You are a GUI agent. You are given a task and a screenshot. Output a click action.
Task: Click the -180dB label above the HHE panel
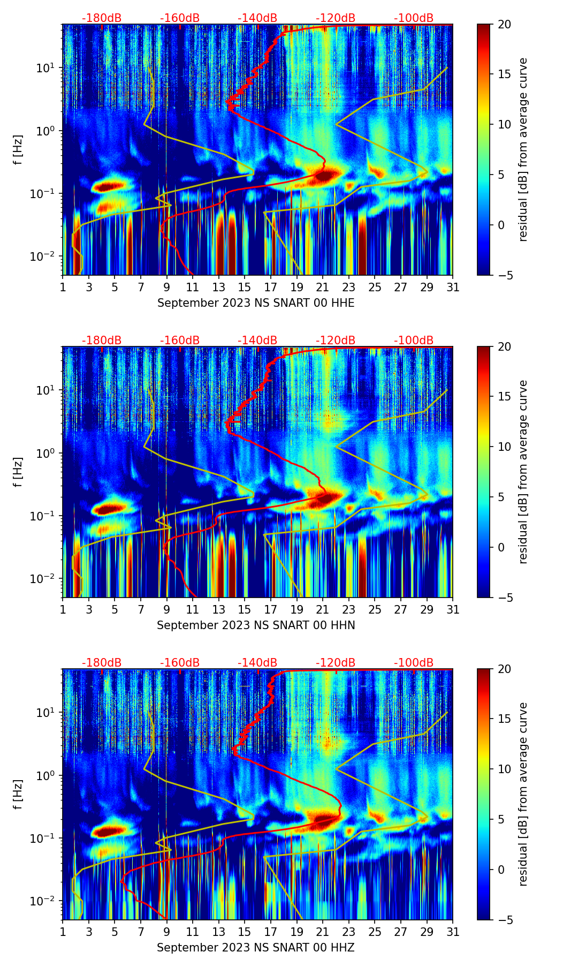click(102, 18)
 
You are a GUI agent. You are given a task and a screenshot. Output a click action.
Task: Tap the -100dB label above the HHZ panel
click(414, 663)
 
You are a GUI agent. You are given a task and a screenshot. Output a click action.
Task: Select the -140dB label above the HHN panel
click(257, 341)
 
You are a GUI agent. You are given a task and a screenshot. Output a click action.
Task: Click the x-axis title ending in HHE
click(256, 303)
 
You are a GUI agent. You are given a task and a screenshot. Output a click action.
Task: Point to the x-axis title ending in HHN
click(256, 625)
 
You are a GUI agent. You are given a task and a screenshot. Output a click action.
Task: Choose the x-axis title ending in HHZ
click(256, 948)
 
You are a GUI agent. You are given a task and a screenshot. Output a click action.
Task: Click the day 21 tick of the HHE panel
click(323, 287)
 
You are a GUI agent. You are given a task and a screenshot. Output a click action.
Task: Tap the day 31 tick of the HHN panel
click(453, 609)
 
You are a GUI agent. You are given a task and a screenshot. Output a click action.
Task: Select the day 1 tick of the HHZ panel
click(63, 932)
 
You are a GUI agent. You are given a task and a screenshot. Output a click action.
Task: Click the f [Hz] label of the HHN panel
click(19, 472)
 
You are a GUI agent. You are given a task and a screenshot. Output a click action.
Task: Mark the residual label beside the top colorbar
click(523, 149)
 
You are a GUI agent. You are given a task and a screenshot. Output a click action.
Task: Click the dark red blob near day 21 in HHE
click(325, 176)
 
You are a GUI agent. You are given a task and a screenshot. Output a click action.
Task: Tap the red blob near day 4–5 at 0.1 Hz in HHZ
click(110, 831)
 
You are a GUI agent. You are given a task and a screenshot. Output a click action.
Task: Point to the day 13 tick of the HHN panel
click(219, 609)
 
